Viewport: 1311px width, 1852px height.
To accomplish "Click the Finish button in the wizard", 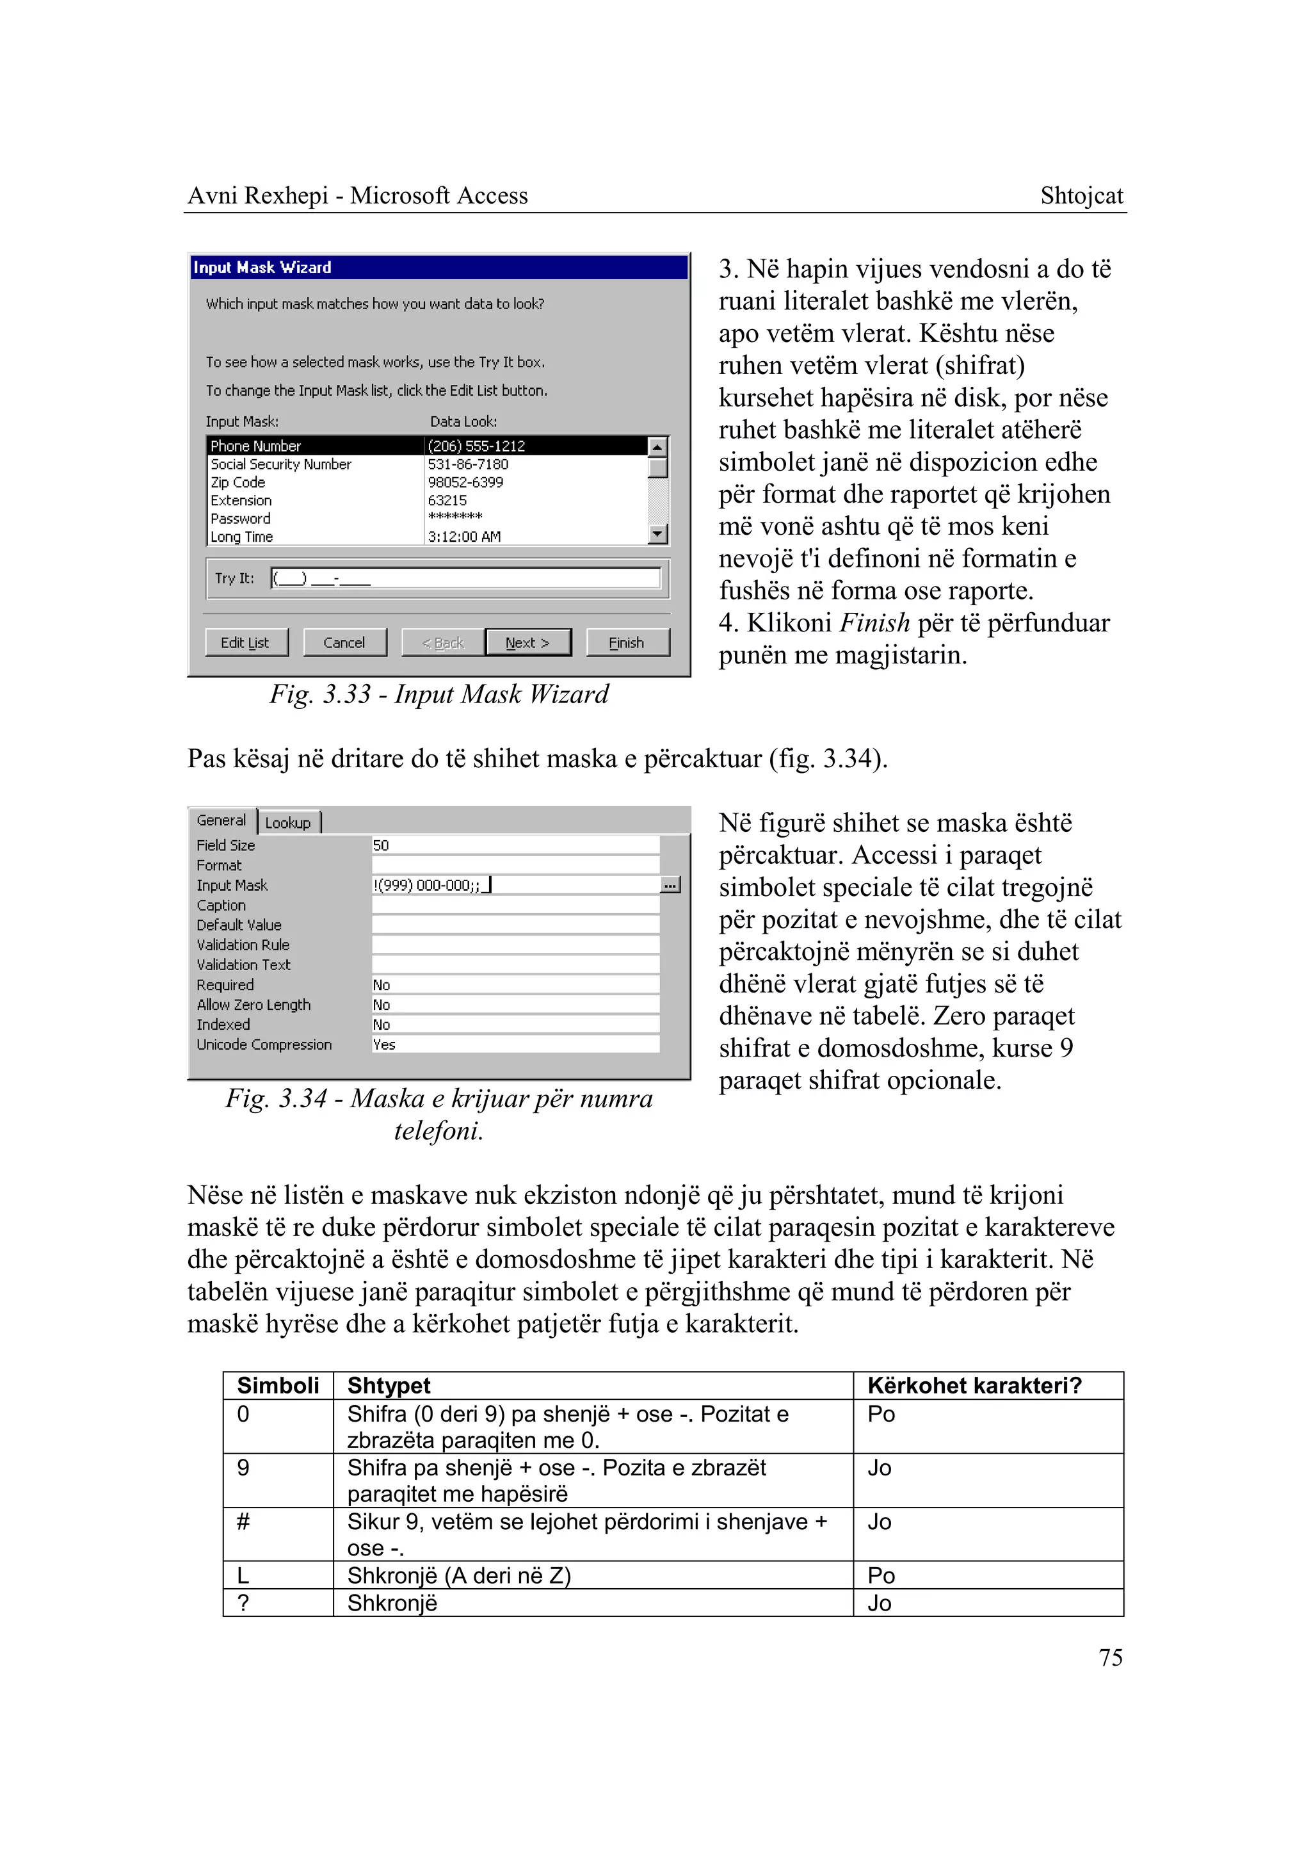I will coord(627,643).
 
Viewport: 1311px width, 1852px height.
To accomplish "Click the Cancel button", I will coord(344,643).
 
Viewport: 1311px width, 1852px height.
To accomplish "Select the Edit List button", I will coord(245,643).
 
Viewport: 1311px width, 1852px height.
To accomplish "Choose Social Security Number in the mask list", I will coord(281,464).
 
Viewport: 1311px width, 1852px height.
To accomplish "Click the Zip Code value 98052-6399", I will coord(466,482).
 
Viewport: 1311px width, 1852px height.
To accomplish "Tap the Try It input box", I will coord(466,578).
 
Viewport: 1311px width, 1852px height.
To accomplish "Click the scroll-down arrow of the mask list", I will coord(658,534).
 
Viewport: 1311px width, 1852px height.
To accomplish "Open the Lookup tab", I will coord(288,823).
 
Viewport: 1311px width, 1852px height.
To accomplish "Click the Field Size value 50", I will coord(381,846).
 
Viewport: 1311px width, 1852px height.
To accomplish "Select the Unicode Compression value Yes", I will coord(384,1044).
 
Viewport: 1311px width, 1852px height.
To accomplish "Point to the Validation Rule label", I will coord(243,945).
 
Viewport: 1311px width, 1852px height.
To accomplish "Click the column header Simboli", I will coord(278,1386).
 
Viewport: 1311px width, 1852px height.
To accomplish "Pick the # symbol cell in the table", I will coord(243,1522).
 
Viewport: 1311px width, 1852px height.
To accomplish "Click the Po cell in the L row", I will coord(881,1576).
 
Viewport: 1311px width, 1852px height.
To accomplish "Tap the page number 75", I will coord(1110,1658).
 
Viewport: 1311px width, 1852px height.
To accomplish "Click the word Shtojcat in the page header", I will coord(1081,195).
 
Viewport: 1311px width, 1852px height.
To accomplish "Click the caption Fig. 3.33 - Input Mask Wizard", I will coord(439,695).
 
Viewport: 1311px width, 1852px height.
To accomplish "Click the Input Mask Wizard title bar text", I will coord(262,267).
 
